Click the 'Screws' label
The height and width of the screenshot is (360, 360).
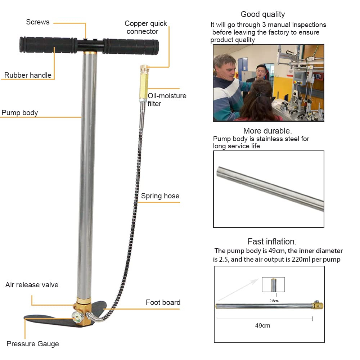click(38, 22)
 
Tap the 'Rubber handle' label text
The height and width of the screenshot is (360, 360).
click(28, 75)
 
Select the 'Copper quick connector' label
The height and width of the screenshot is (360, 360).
click(146, 27)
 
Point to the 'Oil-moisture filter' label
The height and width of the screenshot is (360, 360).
click(167, 100)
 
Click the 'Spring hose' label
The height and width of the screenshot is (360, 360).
click(160, 196)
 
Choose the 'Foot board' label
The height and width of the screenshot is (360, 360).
click(163, 302)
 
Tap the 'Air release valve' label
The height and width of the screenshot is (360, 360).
click(32, 285)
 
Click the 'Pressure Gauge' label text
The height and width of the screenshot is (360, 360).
click(33, 344)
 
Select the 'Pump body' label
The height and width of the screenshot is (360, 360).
click(20, 113)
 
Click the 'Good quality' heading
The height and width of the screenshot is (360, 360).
click(263, 14)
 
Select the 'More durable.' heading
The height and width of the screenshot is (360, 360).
click(267, 131)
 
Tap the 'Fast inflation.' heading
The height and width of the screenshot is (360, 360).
click(272, 242)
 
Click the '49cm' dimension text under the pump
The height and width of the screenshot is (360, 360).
click(262, 325)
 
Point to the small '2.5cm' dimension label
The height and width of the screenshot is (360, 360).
click(274, 300)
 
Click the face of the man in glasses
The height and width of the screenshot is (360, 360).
click(261, 71)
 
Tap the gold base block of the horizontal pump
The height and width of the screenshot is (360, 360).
click(318, 306)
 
